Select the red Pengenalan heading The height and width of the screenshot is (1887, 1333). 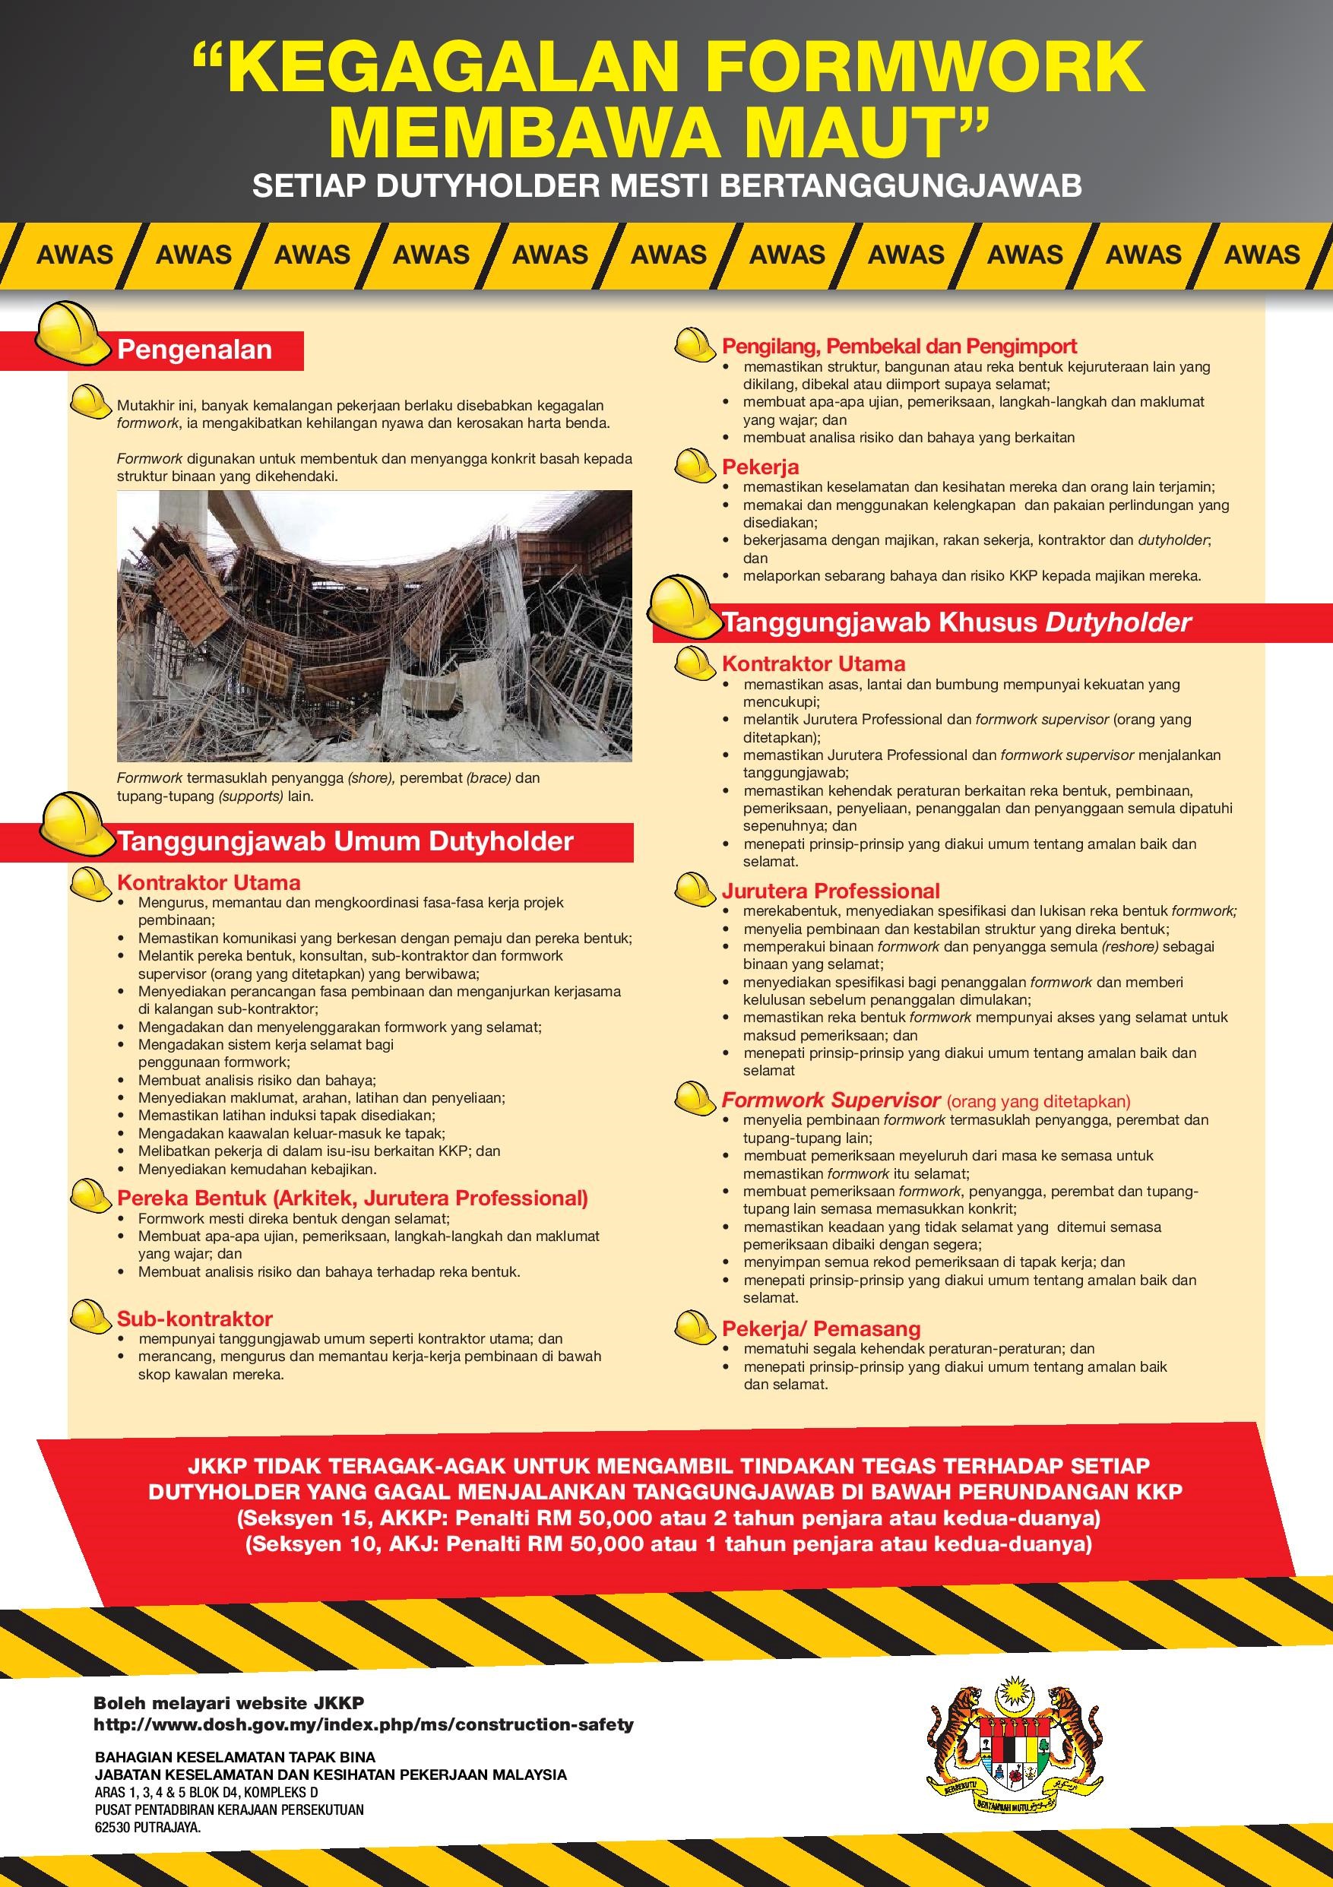coord(195,350)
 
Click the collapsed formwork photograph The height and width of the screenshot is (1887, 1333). coord(374,625)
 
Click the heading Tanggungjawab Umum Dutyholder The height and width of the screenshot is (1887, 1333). coord(345,841)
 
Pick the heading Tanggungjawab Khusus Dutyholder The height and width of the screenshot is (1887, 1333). coord(957,623)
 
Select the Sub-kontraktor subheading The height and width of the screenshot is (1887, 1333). coord(195,1319)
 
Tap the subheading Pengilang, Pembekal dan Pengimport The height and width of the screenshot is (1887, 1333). coord(899,346)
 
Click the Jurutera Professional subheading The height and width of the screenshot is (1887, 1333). coord(831,891)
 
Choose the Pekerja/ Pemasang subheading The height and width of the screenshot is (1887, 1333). coord(821,1328)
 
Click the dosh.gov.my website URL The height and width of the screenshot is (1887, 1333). coord(363,1717)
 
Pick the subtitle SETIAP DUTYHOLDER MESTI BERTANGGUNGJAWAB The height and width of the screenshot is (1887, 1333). coord(666,186)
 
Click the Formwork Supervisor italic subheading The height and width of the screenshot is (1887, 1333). coord(831,1100)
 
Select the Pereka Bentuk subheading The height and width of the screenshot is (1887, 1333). coord(353,1198)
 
